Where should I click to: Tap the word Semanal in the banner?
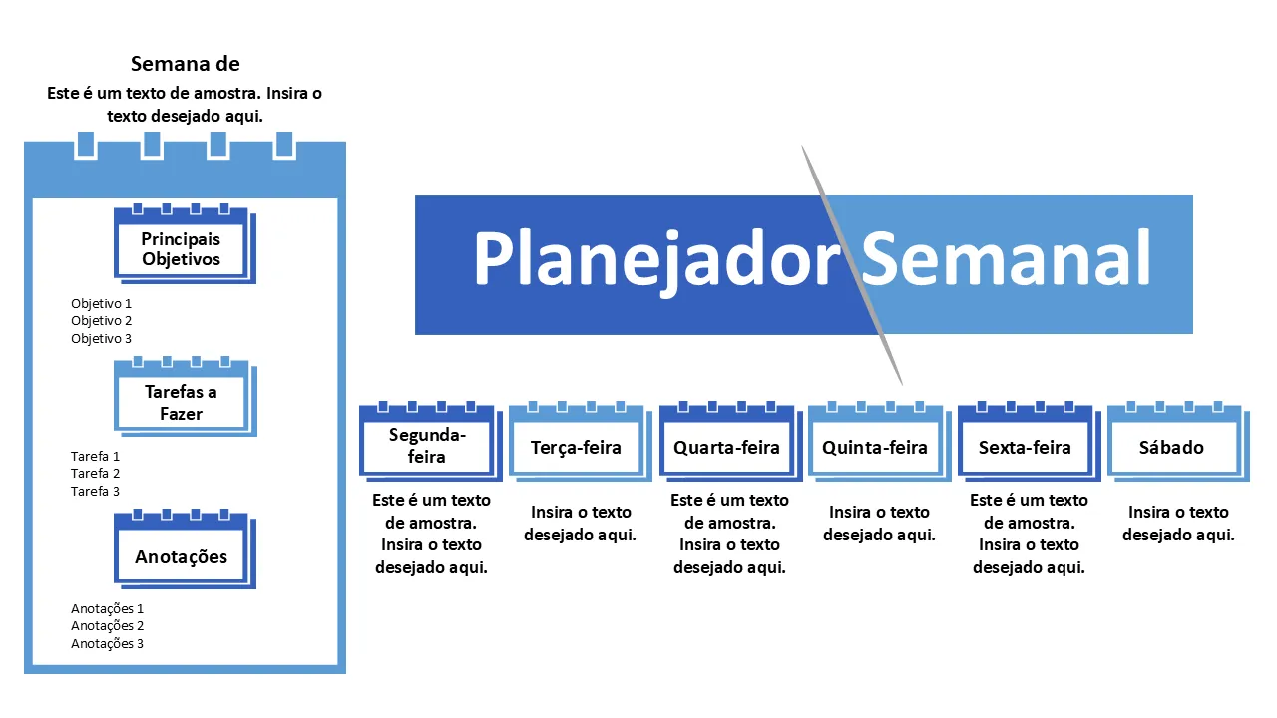[x=1006, y=257]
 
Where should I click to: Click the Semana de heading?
[x=186, y=64]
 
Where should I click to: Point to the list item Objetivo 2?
[x=102, y=321]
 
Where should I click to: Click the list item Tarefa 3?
[x=95, y=491]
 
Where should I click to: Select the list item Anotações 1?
[x=107, y=609]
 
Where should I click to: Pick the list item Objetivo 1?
[x=102, y=304]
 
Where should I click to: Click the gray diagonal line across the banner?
[x=852, y=265]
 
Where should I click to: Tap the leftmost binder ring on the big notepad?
[x=86, y=145]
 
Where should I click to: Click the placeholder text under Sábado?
[x=1178, y=524]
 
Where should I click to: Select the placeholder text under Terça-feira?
[x=581, y=524]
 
